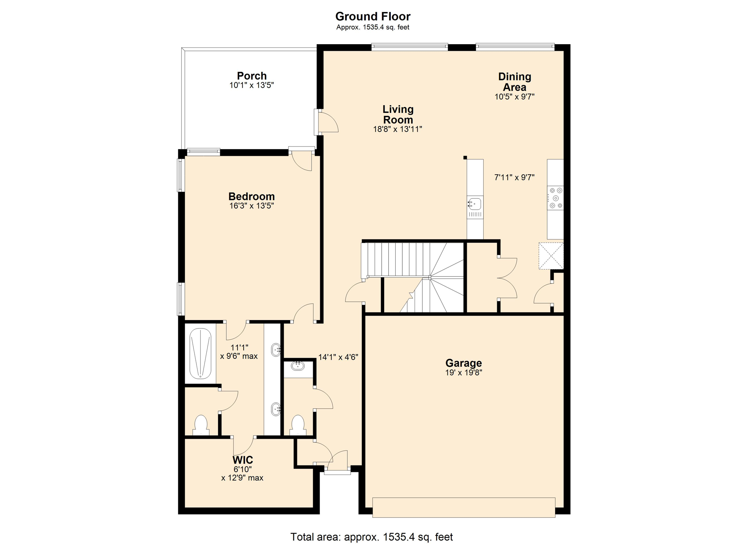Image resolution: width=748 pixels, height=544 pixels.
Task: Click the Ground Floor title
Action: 373,16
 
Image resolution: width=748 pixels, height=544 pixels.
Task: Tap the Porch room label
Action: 252,76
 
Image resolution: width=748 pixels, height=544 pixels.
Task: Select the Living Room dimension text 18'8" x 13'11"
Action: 397,129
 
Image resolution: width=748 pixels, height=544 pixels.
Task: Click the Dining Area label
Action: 514,82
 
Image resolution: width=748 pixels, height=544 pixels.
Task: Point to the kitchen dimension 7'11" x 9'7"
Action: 514,178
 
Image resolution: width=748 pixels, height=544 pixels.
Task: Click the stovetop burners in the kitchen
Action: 556,198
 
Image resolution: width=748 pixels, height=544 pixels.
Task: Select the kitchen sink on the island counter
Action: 475,203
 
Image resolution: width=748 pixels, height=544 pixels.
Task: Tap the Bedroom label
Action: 251,196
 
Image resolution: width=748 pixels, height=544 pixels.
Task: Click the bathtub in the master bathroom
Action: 200,353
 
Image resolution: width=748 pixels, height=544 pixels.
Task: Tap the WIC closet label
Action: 243,460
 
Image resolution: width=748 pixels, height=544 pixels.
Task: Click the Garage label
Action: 463,363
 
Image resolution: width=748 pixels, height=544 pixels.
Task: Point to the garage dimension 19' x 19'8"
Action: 463,373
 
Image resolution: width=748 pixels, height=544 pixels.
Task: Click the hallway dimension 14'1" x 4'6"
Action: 338,357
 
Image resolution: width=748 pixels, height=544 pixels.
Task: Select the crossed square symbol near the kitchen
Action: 551,256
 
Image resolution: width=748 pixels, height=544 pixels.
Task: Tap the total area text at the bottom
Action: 371,537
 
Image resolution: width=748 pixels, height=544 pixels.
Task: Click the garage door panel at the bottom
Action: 463,507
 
